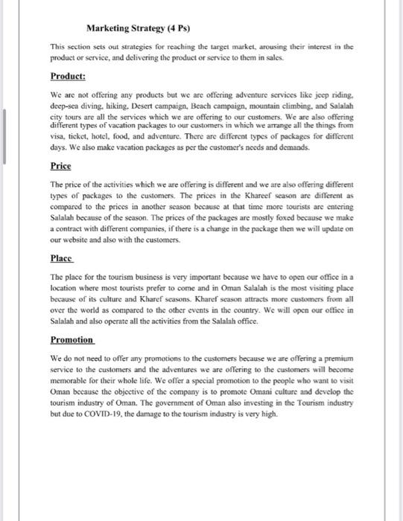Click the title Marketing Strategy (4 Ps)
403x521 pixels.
136,29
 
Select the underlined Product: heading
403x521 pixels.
68,77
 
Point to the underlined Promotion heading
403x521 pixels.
72,339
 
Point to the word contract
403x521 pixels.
67,230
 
